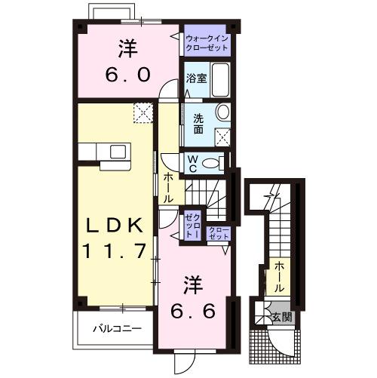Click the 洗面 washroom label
click(198, 123)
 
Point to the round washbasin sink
click(222, 112)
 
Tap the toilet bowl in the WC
click(215, 161)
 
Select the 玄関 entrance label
click(282, 315)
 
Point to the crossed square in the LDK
click(143, 112)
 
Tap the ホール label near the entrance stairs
click(279, 276)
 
